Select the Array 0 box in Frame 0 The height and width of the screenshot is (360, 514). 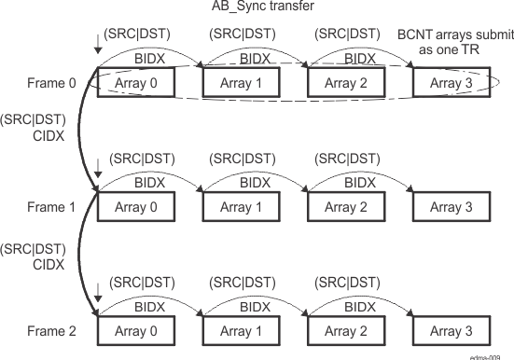[x=135, y=83]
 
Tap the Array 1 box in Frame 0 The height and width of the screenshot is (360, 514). [x=241, y=83]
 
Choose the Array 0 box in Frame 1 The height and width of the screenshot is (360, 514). [x=135, y=207]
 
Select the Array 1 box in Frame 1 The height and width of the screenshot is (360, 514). [x=241, y=207]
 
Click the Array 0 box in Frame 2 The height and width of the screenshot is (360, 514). [x=135, y=331]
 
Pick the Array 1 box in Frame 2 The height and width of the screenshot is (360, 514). [x=241, y=331]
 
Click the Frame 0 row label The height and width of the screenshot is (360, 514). [x=52, y=83]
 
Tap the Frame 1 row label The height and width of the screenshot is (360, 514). [x=52, y=207]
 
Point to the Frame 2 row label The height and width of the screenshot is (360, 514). [x=52, y=331]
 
